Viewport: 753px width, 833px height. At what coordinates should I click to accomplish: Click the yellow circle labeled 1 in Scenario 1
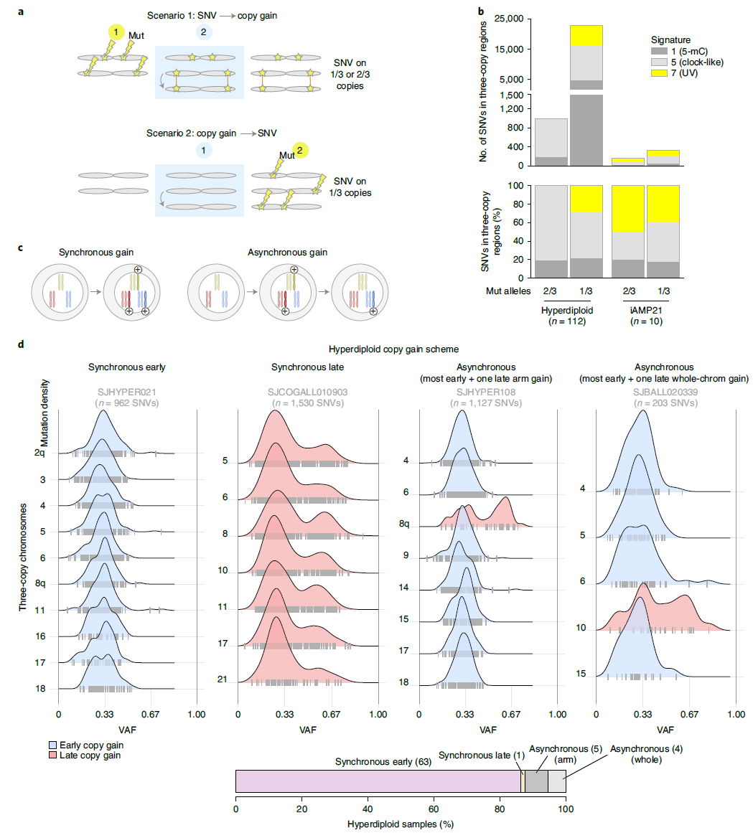click(x=116, y=32)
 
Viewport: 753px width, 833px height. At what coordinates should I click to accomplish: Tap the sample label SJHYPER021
click(x=127, y=392)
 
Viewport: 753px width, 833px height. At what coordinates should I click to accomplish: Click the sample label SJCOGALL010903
click(x=307, y=392)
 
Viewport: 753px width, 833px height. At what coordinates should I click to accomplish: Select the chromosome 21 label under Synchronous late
click(x=223, y=679)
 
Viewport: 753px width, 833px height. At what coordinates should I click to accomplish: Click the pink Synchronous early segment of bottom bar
click(x=378, y=781)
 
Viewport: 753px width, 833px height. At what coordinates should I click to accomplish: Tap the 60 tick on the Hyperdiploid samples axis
click(x=434, y=809)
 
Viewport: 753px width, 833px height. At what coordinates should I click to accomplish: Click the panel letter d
click(x=21, y=346)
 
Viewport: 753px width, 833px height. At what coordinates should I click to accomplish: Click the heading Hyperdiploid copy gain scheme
click(x=393, y=349)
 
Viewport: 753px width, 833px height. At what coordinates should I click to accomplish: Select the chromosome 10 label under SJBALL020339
click(x=581, y=628)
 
